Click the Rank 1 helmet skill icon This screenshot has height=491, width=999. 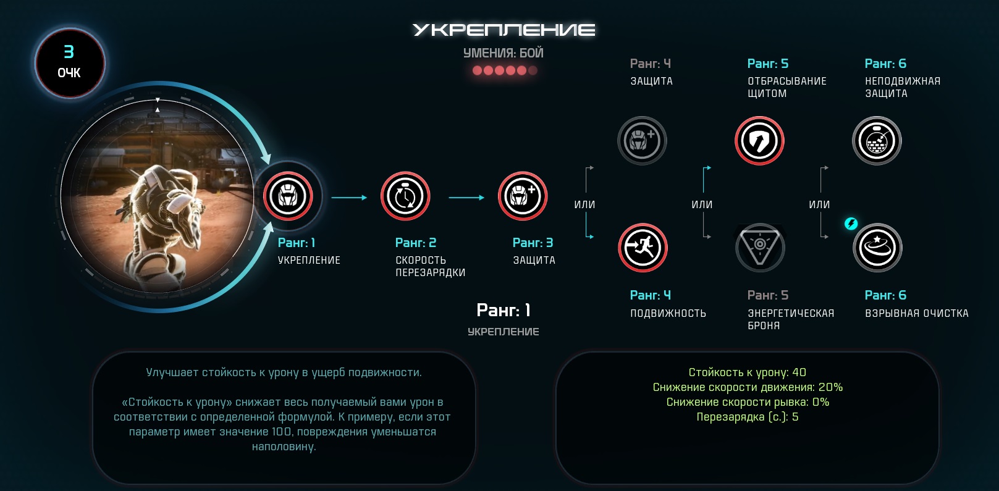(288, 196)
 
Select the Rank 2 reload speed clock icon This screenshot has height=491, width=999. (405, 196)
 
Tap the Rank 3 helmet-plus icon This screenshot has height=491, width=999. (522, 196)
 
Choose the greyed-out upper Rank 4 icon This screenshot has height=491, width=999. (642, 141)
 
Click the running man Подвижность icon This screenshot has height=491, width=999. (643, 248)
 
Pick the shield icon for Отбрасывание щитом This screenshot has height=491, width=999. (759, 141)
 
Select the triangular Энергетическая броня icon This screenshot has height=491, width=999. (760, 248)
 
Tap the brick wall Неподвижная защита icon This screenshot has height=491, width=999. (877, 141)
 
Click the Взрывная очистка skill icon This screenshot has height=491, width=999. (877, 248)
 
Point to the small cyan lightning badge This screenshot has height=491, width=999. (851, 224)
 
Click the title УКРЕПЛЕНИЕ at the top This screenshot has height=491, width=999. (504, 30)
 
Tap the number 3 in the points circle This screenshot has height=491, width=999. (69, 52)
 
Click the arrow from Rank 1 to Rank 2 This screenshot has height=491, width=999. (349, 197)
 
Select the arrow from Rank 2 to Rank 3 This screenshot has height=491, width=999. (466, 197)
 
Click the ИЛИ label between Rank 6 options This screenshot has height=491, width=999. (819, 204)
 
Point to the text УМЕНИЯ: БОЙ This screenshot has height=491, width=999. (504, 53)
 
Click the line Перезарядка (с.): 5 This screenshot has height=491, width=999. (748, 417)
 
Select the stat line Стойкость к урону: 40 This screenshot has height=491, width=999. (748, 372)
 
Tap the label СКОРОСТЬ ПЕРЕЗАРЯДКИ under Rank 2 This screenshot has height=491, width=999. (431, 266)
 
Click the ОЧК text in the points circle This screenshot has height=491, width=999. (69, 73)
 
